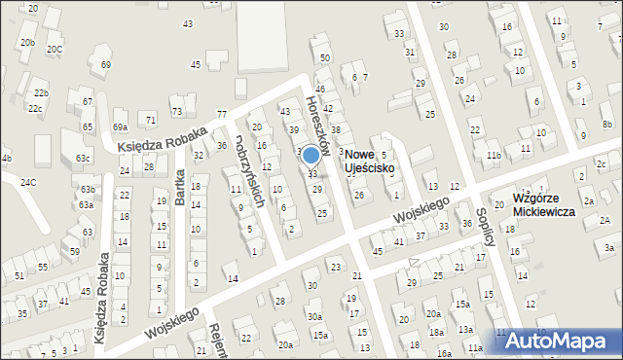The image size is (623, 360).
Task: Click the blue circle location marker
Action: pyautogui.click(x=311, y=155)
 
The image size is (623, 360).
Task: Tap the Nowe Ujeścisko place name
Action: pyautogui.click(x=369, y=162)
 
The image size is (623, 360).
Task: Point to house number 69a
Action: pyautogui.click(x=120, y=127)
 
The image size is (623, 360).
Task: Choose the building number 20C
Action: pyautogui.click(x=55, y=49)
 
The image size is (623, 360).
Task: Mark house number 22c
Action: pyautogui.click(x=35, y=108)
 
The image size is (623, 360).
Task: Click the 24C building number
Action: pyautogui.click(x=28, y=182)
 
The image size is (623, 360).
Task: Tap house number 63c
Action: pyautogui.click(x=84, y=158)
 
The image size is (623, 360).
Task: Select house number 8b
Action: pyautogui.click(x=606, y=125)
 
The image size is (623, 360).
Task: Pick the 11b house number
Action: pyautogui.click(x=494, y=156)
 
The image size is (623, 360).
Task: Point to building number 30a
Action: pyautogui.click(x=313, y=316)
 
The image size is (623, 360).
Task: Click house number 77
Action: pyautogui.click(x=222, y=115)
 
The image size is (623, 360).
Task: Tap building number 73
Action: pyautogui.click(x=176, y=112)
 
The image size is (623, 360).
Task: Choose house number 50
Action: pyautogui.click(x=324, y=58)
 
